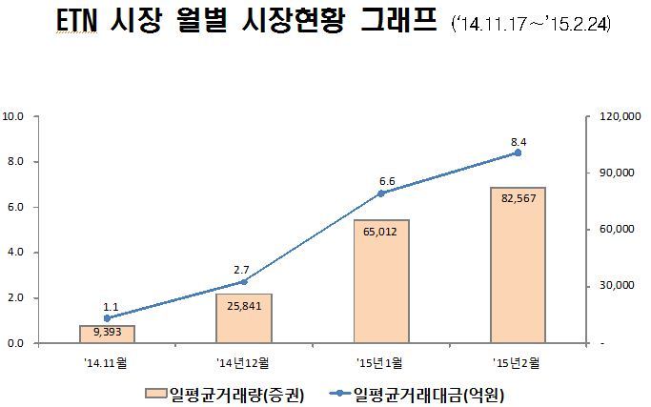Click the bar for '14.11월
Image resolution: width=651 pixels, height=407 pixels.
(x=107, y=334)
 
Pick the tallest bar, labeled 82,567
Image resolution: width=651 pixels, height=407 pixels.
(x=519, y=264)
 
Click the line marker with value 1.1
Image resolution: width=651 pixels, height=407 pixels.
(x=107, y=318)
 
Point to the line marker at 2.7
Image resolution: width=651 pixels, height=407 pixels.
(x=244, y=282)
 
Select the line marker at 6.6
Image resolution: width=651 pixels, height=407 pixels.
(x=381, y=193)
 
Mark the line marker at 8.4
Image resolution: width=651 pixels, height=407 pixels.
(x=519, y=153)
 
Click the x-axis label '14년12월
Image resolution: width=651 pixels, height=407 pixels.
(x=244, y=363)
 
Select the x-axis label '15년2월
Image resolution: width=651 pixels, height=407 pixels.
(x=519, y=363)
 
